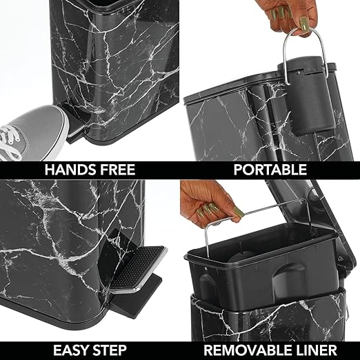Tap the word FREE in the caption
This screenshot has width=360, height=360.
point(114,170)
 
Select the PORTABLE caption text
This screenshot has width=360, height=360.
point(269,170)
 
